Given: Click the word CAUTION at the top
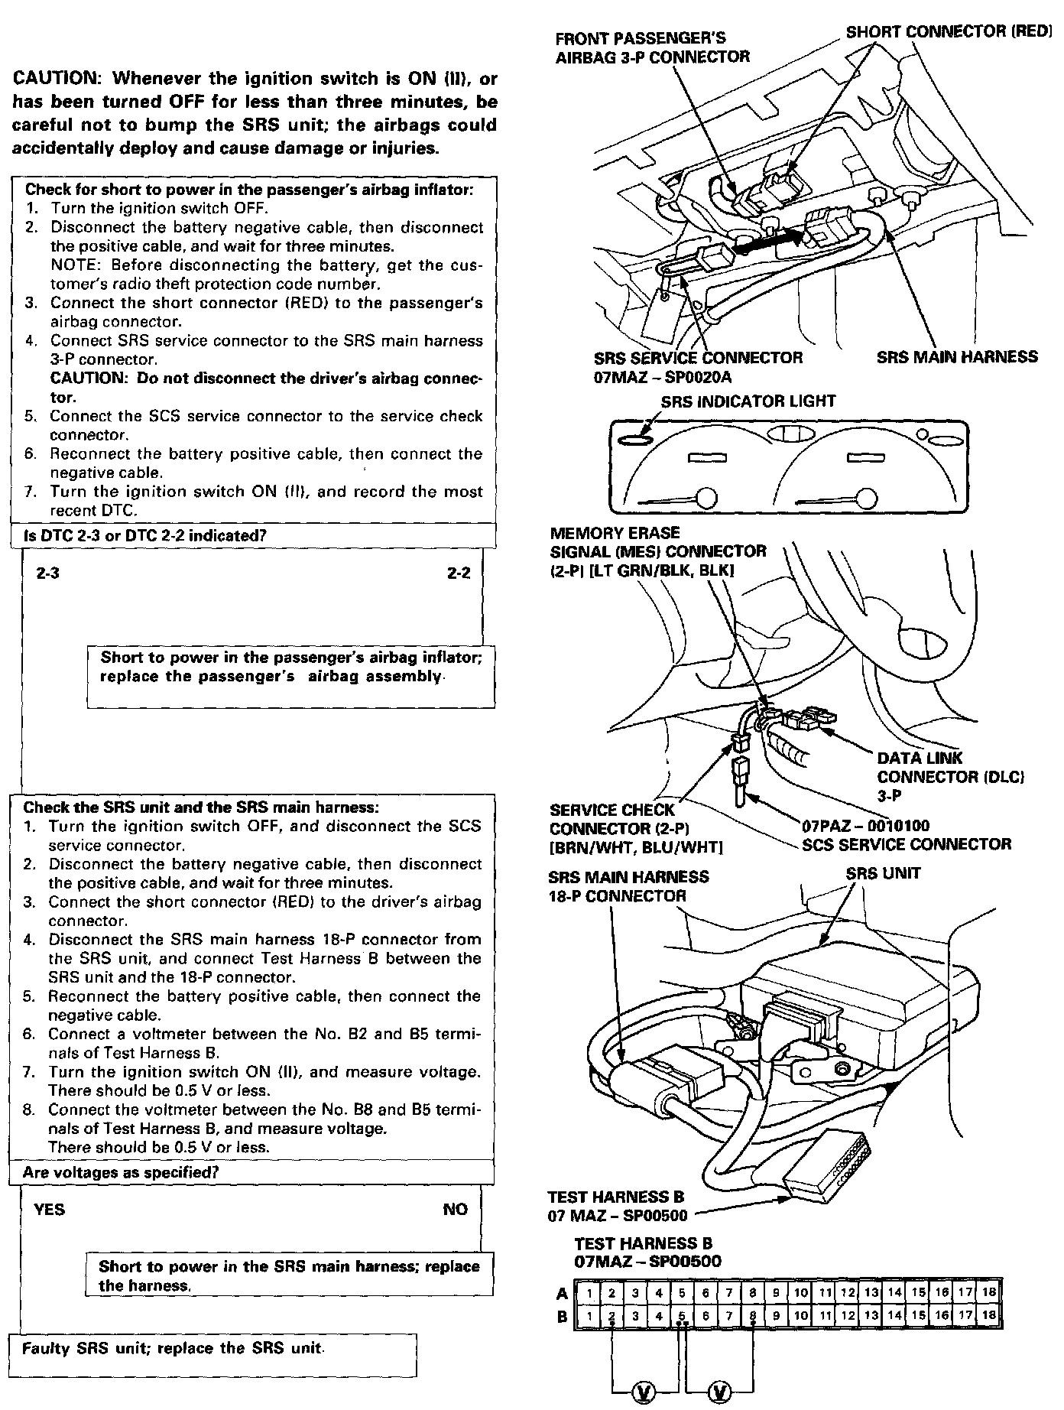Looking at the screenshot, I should point(57,79).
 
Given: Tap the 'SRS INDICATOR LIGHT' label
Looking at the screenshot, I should point(748,401).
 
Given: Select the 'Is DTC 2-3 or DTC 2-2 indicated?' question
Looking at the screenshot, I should point(145,536).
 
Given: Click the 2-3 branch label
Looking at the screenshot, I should point(48,573).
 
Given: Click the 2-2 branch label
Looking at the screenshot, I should point(459,573).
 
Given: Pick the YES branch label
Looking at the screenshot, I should point(50,1209).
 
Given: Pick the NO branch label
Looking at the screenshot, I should point(456,1209).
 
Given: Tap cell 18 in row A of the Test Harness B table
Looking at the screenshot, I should point(989,1293).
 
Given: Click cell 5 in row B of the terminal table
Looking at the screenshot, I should point(682,1316).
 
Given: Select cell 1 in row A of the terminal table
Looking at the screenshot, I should point(589,1293).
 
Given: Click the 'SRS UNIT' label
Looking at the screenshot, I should point(883,873).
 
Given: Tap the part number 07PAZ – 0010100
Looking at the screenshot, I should point(865,826).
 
